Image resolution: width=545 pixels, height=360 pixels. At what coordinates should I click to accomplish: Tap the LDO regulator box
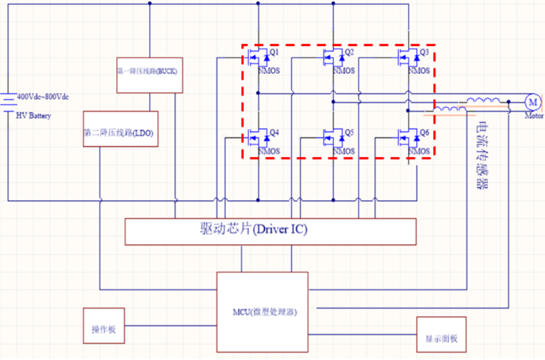120,129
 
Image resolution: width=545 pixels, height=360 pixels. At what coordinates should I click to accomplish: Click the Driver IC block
270,231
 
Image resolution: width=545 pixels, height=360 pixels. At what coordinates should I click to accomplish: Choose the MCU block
262,312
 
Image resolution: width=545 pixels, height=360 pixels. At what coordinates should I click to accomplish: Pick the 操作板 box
104,325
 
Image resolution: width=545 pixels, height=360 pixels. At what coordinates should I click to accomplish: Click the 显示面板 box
441,334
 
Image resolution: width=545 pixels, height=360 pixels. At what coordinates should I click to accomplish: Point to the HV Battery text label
33,116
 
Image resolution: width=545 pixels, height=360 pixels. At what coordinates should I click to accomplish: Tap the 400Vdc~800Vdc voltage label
42,96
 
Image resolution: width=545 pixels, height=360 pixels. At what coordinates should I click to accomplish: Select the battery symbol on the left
8,103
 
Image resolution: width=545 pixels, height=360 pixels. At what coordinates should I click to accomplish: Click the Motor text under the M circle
534,116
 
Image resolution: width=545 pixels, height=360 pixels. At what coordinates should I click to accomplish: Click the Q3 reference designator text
424,52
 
